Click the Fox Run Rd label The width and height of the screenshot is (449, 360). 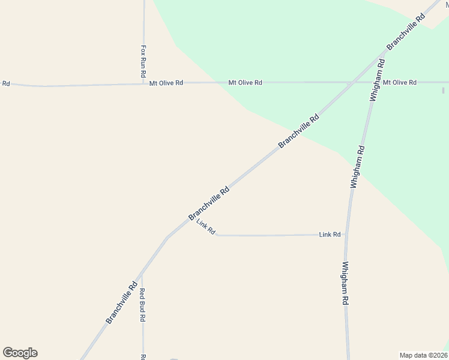(143, 62)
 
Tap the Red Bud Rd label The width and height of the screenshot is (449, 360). (143, 305)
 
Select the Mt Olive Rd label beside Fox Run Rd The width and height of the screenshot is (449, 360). (166, 83)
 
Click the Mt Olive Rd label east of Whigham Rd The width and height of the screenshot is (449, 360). (400, 82)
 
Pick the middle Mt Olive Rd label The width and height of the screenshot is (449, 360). (245, 82)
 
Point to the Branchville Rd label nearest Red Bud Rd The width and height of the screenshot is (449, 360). (122, 303)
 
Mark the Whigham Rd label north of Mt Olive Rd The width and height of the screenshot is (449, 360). (377, 79)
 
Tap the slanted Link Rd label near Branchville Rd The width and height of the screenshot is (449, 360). (206, 227)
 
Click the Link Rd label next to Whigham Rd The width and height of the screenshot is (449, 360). (330, 235)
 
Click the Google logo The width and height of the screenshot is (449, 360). (20, 353)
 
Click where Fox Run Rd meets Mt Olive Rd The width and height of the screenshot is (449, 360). (143, 83)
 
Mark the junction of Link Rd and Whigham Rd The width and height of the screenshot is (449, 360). (347, 235)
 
